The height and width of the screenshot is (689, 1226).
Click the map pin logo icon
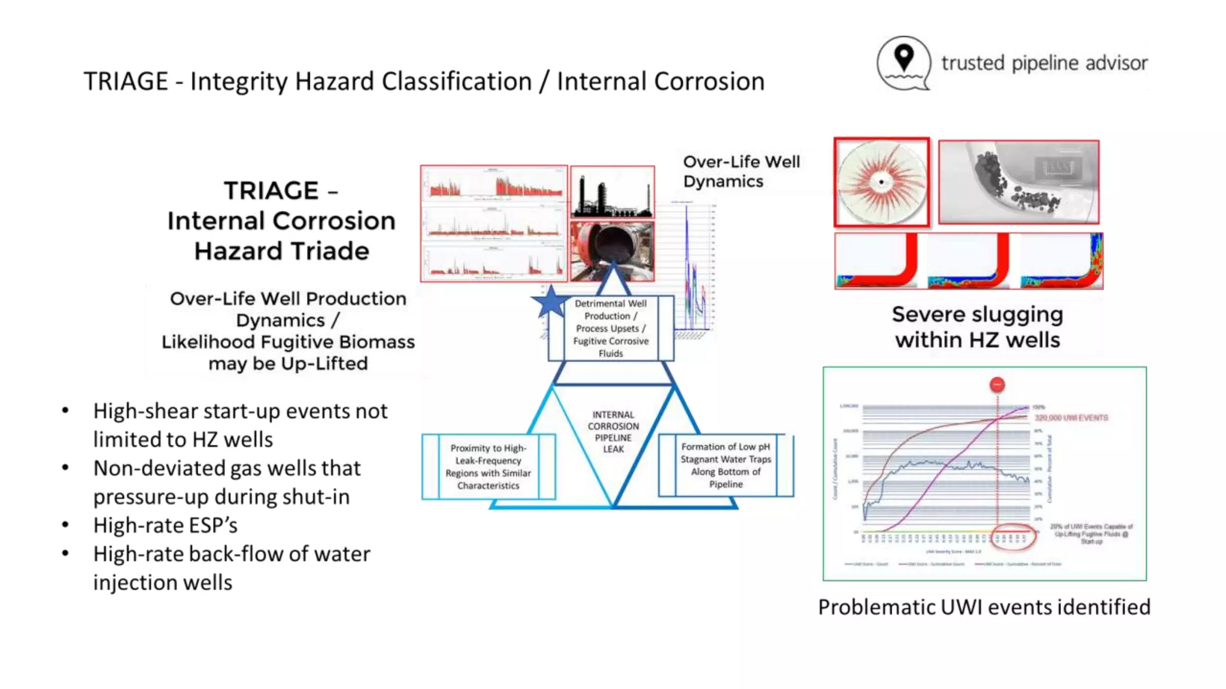[903, 63]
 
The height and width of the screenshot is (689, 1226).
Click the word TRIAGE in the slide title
[126, 81]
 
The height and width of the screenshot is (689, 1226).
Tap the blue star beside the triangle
[550, 302]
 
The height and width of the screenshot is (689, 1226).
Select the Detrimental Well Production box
[611, 328]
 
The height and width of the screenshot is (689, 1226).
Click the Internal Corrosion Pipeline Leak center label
[613, 431]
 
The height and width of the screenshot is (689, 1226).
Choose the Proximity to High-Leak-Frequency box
[488, 467]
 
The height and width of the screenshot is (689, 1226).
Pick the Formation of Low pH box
[726, 465]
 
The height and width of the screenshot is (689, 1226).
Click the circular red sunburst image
[881, 182]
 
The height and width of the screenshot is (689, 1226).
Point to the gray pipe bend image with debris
[1018, 182]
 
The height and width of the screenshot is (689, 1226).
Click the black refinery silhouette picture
[612, 192]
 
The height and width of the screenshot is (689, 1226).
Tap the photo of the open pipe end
[612, 251]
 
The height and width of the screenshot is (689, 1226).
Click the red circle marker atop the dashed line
[997, 385]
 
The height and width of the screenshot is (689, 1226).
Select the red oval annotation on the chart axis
[1013, 537]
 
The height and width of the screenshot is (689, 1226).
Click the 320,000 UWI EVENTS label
[1071, 417]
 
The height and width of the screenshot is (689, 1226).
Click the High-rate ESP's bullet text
[165, 525]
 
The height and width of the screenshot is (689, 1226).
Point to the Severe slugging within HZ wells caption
[977, 327]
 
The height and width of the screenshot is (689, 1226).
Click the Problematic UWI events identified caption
[984, 606]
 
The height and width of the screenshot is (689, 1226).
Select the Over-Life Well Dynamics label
[741, 172]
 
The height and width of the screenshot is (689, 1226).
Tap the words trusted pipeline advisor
[1044, 63]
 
